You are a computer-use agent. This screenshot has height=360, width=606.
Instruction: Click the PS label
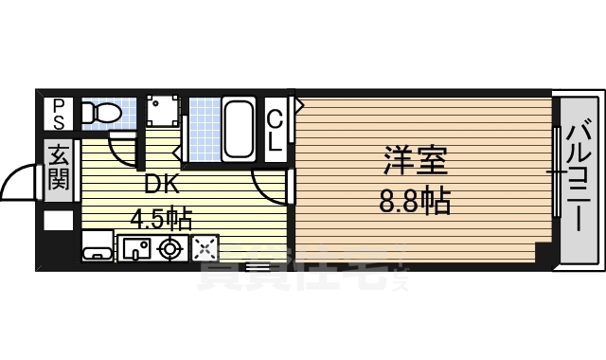point(59,114)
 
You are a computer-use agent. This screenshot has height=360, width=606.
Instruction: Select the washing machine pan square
point(162,114)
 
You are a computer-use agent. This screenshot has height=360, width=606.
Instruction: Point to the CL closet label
point(274,131)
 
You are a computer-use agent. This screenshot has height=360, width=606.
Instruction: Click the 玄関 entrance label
point(59,165)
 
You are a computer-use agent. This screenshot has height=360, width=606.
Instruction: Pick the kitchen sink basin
point(136,249)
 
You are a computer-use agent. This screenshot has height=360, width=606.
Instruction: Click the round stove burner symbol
point(170,249)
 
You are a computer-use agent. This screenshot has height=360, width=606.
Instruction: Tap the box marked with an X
point(205,249)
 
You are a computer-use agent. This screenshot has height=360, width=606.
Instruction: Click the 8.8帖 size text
point(415,202)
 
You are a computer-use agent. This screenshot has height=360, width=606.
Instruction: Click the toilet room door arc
point(122,149)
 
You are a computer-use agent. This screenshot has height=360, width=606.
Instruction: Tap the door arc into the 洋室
point(267,189)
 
